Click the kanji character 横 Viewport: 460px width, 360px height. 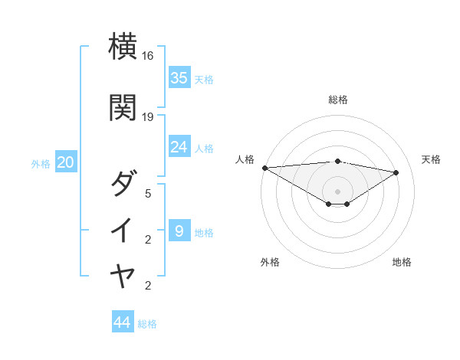pos(123,46)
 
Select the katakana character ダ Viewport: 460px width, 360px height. pos(123,183)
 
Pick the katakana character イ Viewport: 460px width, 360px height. pos(123,230)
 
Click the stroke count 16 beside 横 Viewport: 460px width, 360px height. pos(148,56)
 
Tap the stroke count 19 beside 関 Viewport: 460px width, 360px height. pos(148,116)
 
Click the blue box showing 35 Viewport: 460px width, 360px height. pos(179,77)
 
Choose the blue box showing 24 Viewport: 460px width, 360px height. pos(179,146)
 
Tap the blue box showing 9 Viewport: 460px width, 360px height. pos(179,231)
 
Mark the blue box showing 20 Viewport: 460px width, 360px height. pos(66,162)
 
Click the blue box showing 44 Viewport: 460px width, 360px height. pos(123,322)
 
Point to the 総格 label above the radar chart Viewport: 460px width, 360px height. pos(338,100)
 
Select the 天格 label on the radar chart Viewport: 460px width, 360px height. pos(432,159)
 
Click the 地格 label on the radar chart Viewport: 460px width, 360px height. pos(402,262)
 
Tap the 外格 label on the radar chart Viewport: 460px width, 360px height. pos(270,262)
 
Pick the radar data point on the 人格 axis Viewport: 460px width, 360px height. pos(264,168)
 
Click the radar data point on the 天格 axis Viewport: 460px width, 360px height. pos(396,172)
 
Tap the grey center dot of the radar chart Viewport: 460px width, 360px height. pos(338,191)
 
